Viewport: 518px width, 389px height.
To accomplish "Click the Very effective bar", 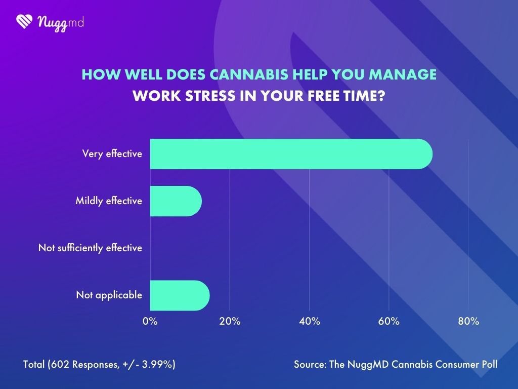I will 291,153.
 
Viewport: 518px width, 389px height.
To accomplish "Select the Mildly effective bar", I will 176,201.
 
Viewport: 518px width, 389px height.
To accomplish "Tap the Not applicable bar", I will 180,295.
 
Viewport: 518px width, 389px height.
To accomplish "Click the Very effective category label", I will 112,154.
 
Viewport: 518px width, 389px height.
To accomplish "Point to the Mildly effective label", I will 109,201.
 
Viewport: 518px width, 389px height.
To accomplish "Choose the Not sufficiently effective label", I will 90,248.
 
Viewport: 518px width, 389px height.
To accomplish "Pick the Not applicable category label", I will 109,295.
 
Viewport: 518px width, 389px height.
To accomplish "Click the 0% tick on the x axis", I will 150,322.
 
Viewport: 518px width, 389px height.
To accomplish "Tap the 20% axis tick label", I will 230,322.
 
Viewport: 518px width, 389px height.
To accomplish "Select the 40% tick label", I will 309,322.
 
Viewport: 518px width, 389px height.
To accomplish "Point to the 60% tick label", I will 388,322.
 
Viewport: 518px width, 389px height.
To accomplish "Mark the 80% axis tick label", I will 468,322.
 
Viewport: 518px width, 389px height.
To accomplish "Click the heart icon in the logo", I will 24,21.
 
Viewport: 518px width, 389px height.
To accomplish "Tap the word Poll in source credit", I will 488,364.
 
